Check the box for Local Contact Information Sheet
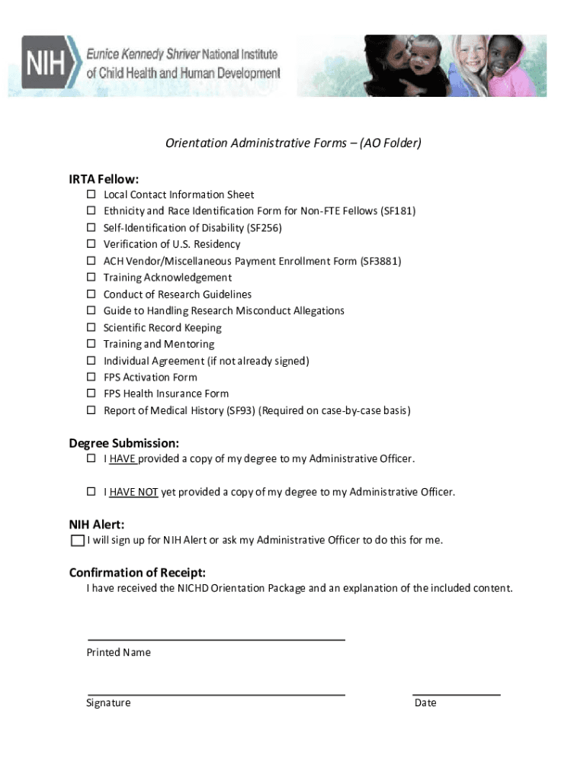point(90,194)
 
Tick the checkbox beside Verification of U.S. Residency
point(90,244)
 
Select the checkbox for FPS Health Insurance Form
point(90,394)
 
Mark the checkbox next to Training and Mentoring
point(90,344)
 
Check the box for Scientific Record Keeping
point(90,327)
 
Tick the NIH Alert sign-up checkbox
point(76,541)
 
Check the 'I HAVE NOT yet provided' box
point(90,492)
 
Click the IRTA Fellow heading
point(104,179)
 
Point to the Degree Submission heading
point(124,443)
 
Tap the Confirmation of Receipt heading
point(137,573)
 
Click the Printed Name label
point(118,652)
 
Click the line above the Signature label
point(216,695)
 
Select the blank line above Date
point(456,695)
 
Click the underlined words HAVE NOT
point(133,492)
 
